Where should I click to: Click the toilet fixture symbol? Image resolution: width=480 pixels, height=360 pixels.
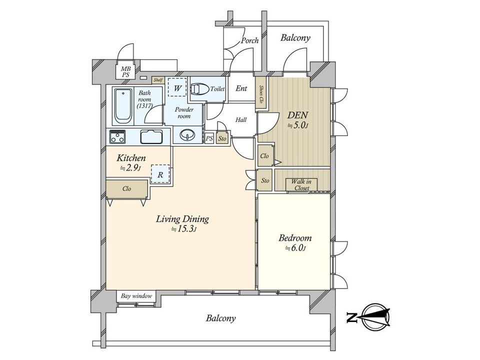coord(199,89)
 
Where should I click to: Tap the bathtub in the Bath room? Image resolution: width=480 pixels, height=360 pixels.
coord(123,105)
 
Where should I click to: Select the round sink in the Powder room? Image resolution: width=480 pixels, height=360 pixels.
coord(186,134)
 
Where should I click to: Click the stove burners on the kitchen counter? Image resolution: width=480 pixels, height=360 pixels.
coord(117,136)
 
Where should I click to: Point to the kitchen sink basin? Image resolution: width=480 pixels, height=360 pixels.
coord(151,136)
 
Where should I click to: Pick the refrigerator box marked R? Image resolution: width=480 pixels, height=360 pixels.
coord(160,174)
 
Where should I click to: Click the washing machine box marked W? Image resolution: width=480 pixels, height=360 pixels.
coord(177,87)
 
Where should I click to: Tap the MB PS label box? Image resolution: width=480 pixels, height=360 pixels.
coord(125,72)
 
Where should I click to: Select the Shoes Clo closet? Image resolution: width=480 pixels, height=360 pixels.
coord(261,93)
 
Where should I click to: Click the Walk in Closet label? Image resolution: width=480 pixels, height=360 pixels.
coord(301,185)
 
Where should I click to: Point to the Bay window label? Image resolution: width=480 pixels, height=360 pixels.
coord(136,296)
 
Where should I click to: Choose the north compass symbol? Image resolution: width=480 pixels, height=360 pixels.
coord(374,317)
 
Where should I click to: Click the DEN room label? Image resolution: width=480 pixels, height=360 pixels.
coord(297,115)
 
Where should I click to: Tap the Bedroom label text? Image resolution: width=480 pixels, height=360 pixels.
coord(295,238)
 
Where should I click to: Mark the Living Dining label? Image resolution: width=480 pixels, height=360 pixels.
coord(182,219)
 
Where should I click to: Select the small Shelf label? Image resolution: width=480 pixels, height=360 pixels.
coord(158,80)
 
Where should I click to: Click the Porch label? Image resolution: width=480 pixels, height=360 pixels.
coord(250,40)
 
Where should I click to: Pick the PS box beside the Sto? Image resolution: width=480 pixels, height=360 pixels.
coord(209,138)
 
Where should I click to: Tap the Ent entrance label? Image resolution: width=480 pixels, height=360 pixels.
coord(241,88)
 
